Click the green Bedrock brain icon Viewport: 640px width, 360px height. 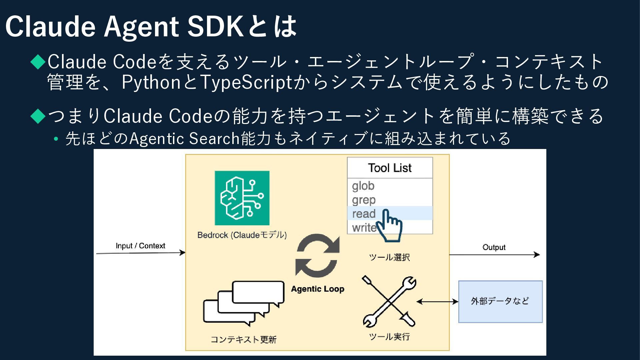tap(242, 198)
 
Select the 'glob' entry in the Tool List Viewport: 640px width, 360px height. tap(363, 186)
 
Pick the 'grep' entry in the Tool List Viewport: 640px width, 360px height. tap(364, 200)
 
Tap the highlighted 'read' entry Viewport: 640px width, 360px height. tap(364, 214)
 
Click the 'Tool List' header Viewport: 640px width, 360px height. tap(390, 168)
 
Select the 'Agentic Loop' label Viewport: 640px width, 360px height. tap(317, 289)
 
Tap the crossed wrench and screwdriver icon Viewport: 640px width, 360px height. tap(389, 301)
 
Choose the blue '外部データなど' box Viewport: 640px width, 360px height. tap(500, 301)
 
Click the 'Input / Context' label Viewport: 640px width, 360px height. tap(140, 246)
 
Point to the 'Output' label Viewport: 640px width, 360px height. tap(494, 247)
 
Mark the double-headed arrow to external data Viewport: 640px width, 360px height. tap(437, 302)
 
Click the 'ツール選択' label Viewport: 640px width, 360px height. tap(389, 257)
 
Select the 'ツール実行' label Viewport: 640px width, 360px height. tap(389, 337)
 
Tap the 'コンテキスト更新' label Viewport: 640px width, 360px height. tap(244, 339)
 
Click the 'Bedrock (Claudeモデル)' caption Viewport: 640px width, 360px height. tap(242, 235)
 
